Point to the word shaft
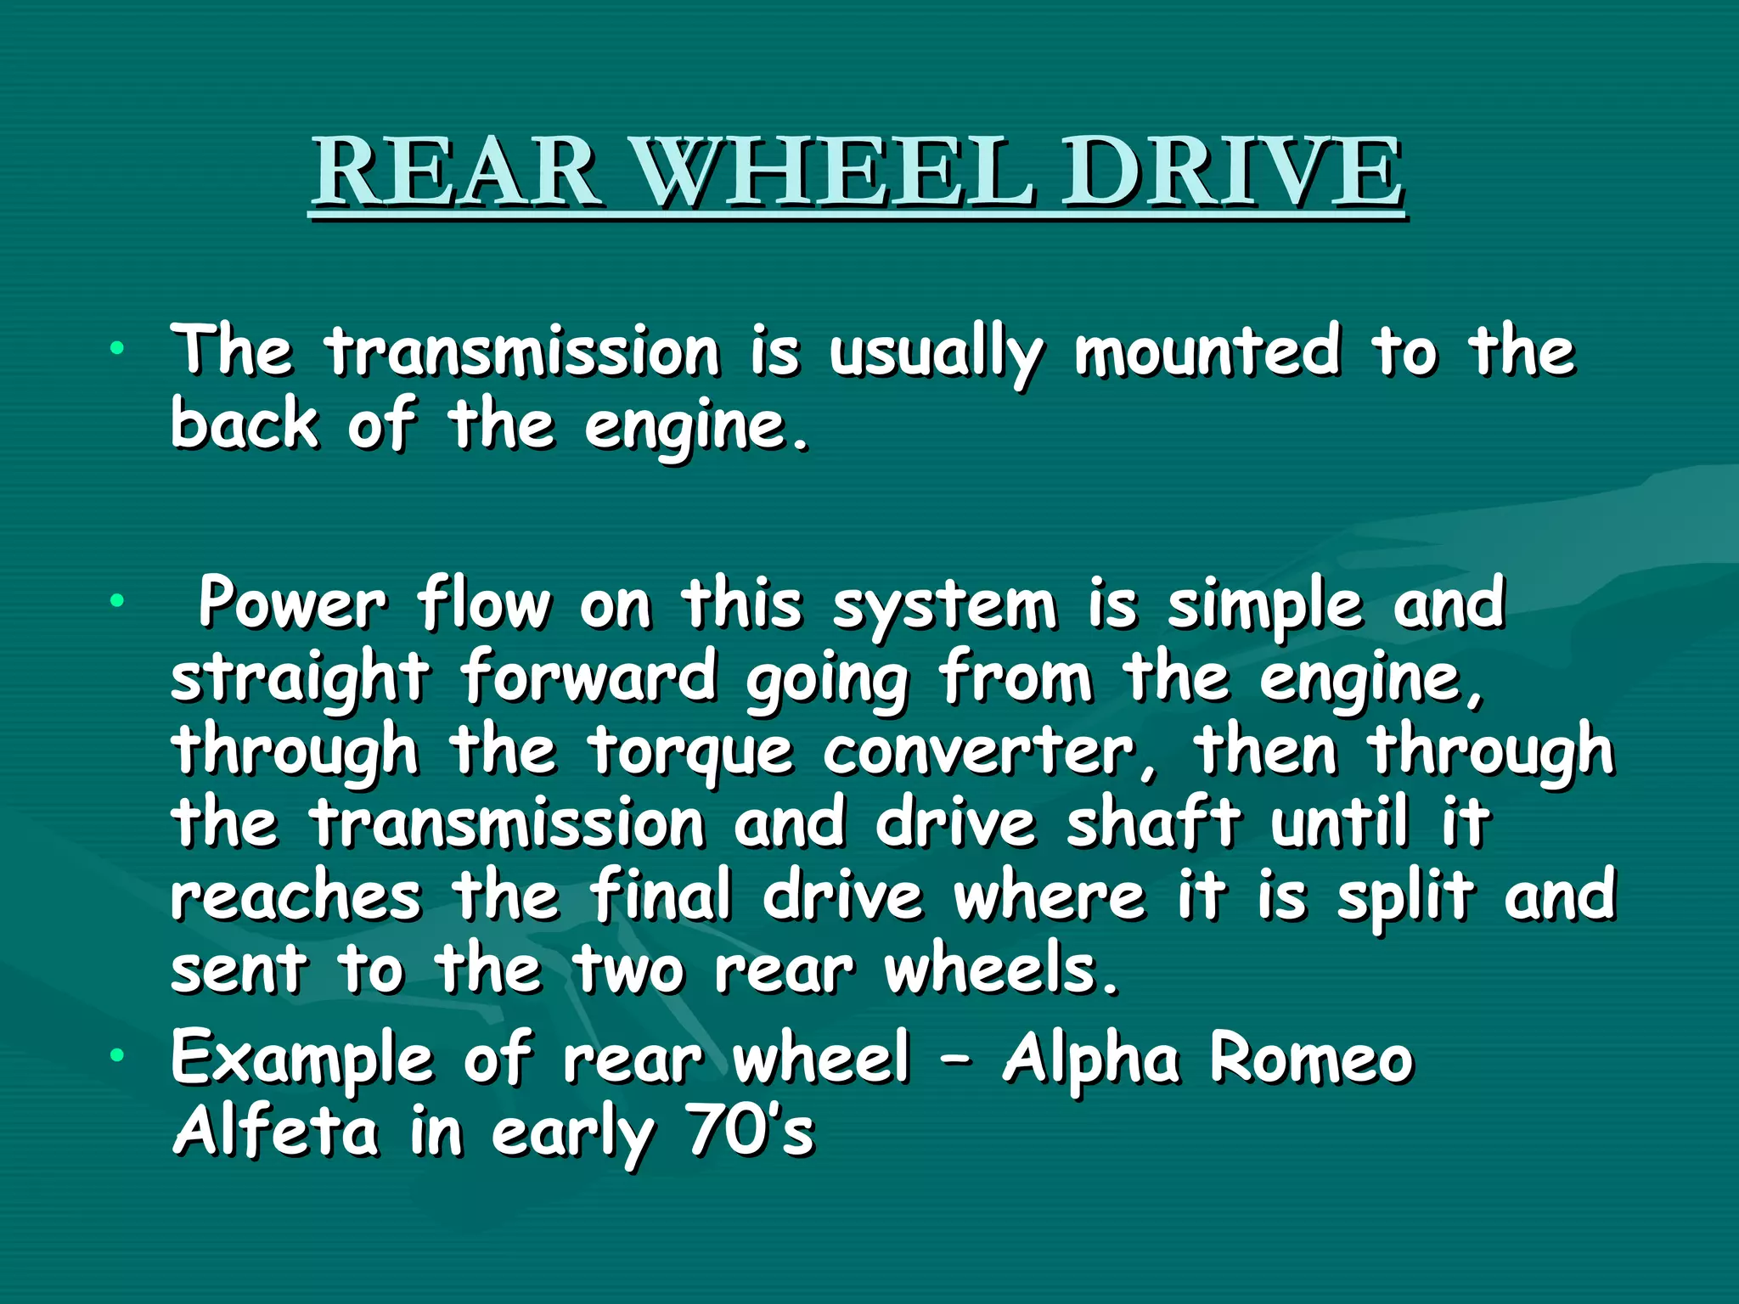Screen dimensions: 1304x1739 (x=1154, y=823)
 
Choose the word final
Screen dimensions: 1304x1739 (x=661, y=896)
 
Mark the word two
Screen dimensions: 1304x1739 (x=629, y=970)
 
